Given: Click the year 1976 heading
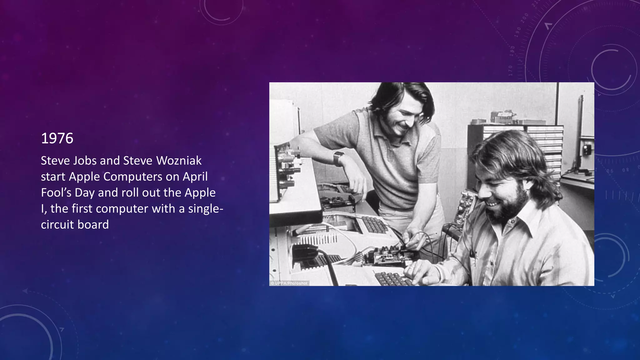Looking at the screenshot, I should (57, 138).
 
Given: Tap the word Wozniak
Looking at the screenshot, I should (179, 161).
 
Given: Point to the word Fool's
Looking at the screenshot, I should (56, 192).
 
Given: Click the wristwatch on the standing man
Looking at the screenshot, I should (338, 158).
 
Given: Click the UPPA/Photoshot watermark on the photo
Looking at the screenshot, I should (289, 283).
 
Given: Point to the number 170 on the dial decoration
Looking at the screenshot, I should (511, 71).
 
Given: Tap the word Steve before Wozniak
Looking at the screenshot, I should (137, 161).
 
